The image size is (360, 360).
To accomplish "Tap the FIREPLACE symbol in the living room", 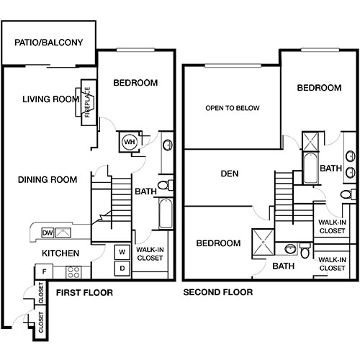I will point(88,102).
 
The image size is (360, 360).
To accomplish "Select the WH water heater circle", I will point(130,142).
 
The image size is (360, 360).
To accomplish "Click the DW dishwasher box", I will point(48,232).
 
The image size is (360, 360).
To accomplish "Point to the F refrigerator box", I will point(44,271).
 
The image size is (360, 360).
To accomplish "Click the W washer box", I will point(121,253).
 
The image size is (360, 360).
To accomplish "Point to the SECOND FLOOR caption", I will point(217,292).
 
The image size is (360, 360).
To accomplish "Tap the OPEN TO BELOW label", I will point(232,109).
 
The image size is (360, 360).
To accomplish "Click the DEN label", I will point(230,174).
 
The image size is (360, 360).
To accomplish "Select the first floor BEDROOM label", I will point(135,83).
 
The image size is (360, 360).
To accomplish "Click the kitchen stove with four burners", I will point(73,271).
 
